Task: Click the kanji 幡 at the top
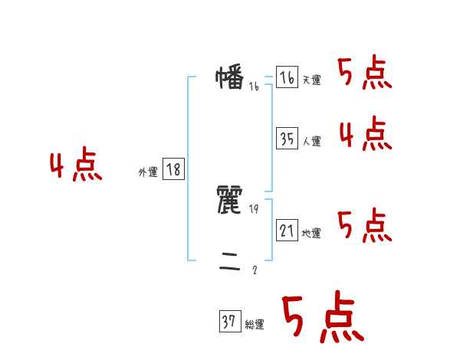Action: [230, 78]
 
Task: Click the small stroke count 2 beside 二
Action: [255, 270]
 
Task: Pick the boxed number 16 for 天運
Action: [287, 78]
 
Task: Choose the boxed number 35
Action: [287, 139]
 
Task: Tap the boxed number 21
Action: [287, 230]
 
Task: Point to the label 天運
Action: [311, 80]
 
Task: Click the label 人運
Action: [311, 141]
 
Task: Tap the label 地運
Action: [311, 233]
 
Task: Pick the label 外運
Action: [148, 173]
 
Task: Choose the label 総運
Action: [255, 325]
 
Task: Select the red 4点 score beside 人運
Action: [365, 135]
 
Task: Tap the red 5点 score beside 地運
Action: [364, 225]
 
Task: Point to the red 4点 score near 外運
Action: [76, 166]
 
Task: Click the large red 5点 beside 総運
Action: [322, 318]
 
